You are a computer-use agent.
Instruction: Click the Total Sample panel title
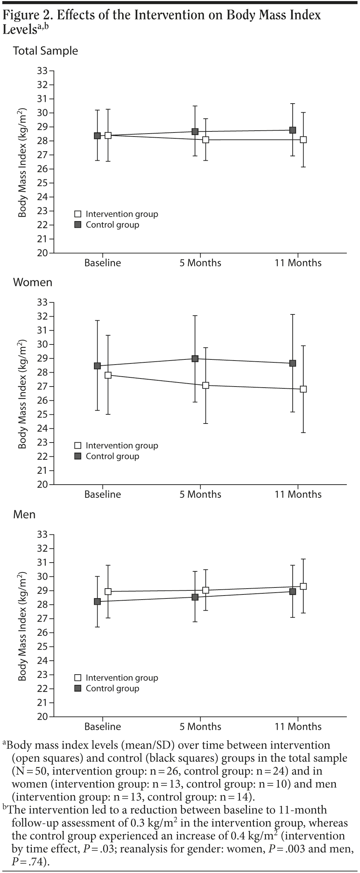(45, 51)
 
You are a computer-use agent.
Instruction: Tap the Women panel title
(33, 282)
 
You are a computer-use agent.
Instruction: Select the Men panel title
(24, 514)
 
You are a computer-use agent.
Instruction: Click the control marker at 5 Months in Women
(195, 358)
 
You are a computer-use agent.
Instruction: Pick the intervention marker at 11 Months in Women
(303, 389)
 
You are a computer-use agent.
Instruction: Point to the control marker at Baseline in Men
(97, 601)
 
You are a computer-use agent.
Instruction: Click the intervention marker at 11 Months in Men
(303, 586)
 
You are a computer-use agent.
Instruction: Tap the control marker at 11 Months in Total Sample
(293, 130)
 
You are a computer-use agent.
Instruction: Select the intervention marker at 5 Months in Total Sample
(206, 139)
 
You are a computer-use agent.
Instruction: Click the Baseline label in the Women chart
(102, 494)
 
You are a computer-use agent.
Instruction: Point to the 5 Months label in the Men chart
(200, 726)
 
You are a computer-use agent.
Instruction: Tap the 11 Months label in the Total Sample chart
(298, 263)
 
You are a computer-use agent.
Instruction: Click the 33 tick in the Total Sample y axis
(43, 71)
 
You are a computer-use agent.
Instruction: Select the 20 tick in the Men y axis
(43, 716)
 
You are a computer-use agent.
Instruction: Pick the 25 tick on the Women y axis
(43, 414)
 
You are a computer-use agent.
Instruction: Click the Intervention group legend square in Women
(78, 445)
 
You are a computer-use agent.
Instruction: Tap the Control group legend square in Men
(78, 689)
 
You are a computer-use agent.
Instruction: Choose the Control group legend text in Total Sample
(112, 225)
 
